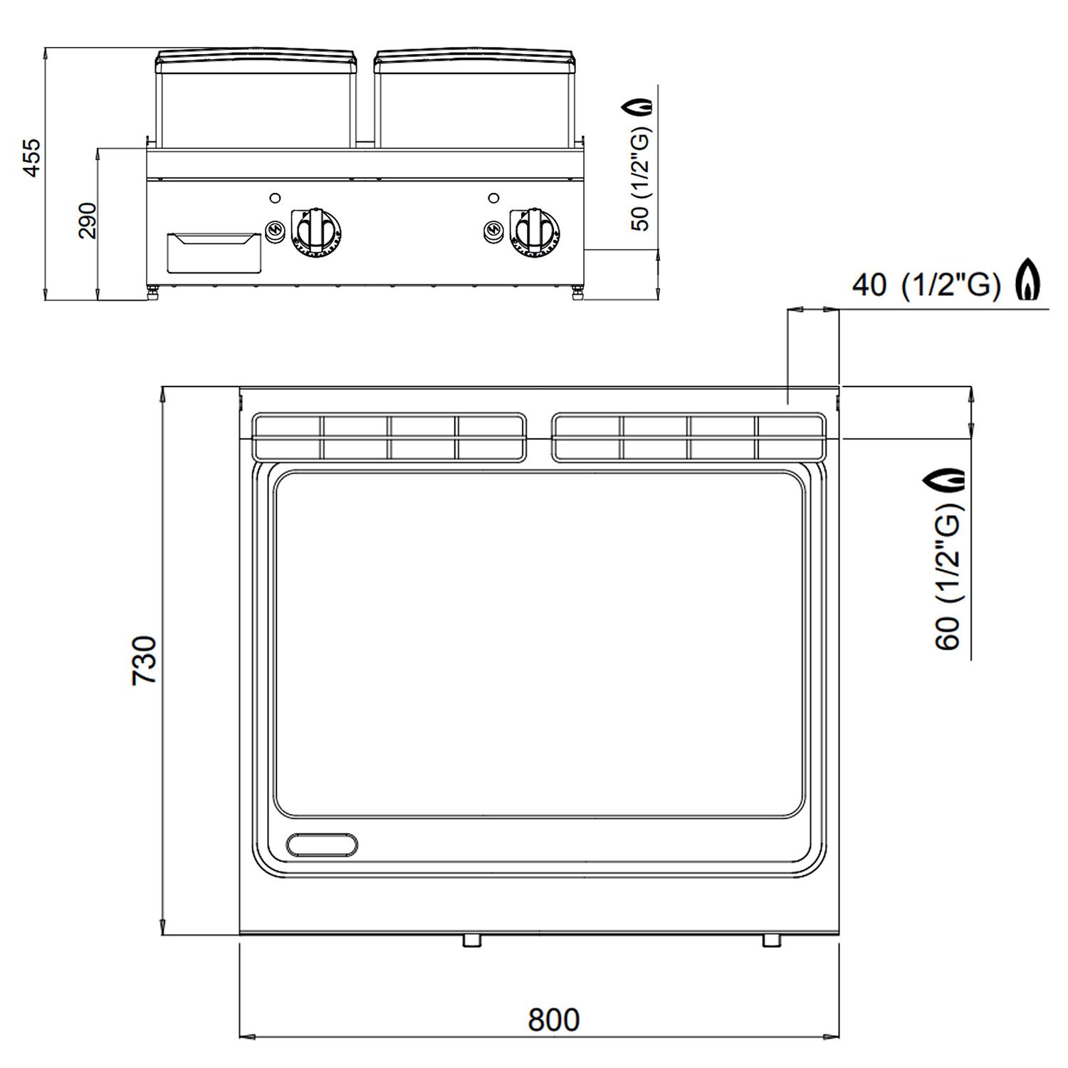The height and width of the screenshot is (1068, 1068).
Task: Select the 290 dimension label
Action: coord(86,220)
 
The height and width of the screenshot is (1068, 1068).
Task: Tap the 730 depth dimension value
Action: coord(145,660)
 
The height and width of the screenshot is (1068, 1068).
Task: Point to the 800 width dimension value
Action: coord(553,1020)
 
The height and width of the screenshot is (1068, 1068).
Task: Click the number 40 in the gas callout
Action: coord(869,286)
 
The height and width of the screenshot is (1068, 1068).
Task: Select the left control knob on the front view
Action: coord(315,230)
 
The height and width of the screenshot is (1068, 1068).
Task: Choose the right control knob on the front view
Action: coord(533,230)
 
